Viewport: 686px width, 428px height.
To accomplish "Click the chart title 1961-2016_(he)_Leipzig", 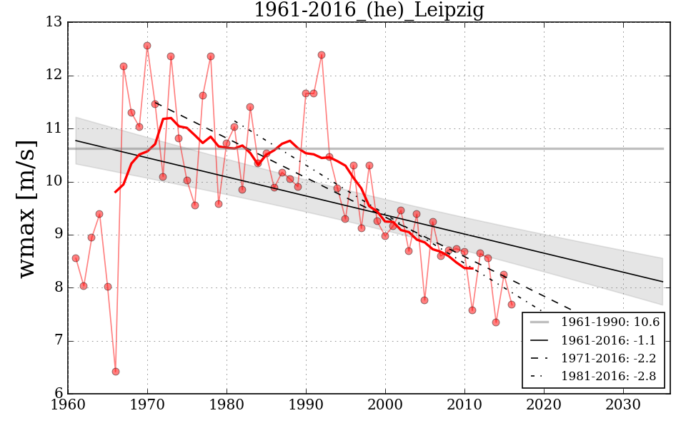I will pos(369,10).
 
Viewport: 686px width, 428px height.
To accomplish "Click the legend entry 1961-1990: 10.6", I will pos(610,322).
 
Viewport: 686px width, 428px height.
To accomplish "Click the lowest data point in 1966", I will pos(116,372).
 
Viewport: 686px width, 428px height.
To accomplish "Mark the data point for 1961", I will pos(76,258).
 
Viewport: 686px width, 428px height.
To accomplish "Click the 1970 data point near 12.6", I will pos(147,46).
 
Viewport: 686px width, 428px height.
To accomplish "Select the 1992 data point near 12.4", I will pos(322,55).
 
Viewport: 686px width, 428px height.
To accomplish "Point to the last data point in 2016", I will pos(512,305).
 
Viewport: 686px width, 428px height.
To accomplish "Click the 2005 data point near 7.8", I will pos(424,300).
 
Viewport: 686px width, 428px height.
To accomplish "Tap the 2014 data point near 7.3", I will pos(496,322).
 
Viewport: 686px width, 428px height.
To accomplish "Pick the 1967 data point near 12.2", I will pos(124,66).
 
